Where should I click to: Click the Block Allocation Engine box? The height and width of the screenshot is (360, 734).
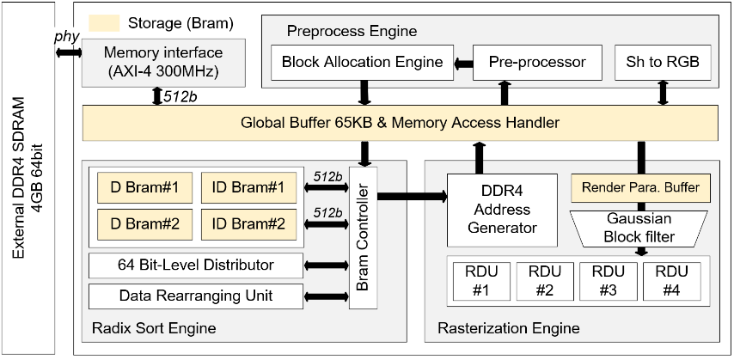pos(362,63)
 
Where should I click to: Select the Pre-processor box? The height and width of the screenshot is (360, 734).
pos(537,63)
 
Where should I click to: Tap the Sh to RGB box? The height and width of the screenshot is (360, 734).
pos(663,63)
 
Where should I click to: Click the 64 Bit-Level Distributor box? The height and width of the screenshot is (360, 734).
pos(195,265)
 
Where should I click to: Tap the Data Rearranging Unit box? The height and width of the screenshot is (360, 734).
pos(195,296)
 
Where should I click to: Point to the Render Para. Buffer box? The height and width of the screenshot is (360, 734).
pos(640,187)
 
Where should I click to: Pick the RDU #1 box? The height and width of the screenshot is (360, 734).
pos(481,280)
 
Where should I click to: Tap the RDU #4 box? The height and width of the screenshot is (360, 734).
pos(672,280)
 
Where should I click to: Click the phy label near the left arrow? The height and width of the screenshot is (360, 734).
pos(65,38)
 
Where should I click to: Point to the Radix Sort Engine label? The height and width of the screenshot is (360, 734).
pos(153,328)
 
